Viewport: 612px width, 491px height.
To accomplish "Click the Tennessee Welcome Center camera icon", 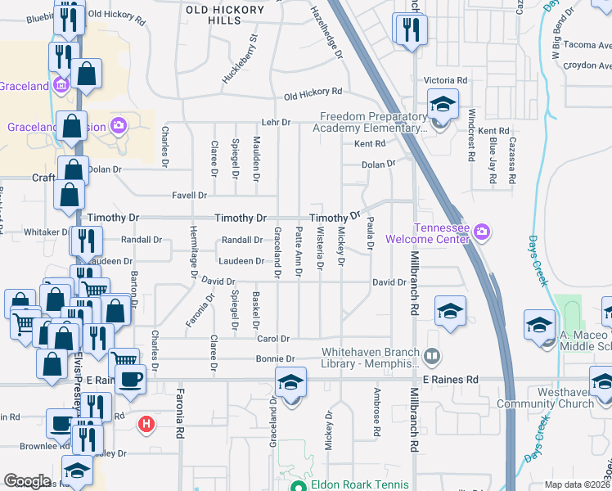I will [x=483, y=232].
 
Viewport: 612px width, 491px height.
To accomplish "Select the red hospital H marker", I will [x=146, y=424].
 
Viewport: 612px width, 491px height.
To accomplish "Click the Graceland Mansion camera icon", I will [x=119, y=125].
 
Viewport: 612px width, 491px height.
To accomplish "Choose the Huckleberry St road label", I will [x=240, y=59].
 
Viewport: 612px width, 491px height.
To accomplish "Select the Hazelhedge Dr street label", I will [x=326, y=34].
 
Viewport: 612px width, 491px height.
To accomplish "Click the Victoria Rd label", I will [x=445, y=81].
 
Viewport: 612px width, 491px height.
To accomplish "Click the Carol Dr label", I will [x=274, y=338].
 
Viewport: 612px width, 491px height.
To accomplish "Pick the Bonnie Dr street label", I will [x=277, y=358].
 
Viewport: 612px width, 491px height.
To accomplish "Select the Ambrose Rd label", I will [x=378, y=421].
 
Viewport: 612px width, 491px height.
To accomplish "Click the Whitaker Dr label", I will [x=47, y=232].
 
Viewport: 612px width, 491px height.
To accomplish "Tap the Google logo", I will [x=27, y=481].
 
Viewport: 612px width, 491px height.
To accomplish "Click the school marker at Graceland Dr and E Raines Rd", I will [x=290, y=383].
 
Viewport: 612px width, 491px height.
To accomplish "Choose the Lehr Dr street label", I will [x=275, y=122].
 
